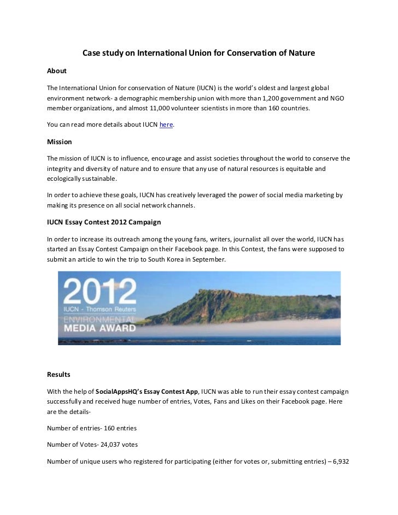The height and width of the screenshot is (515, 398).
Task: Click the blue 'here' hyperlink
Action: pyautogui.click(x=166, y=125)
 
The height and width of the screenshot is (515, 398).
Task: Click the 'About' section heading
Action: pyautogui.click(x=57, y=71)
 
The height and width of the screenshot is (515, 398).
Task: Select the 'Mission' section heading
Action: pyautogui.click(x=60, y=142)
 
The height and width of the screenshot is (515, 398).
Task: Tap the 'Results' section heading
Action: pyautogui.click(x=59, y=375)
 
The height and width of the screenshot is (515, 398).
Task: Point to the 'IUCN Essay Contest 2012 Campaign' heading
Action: pyautogui.click(x=103, y=222)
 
